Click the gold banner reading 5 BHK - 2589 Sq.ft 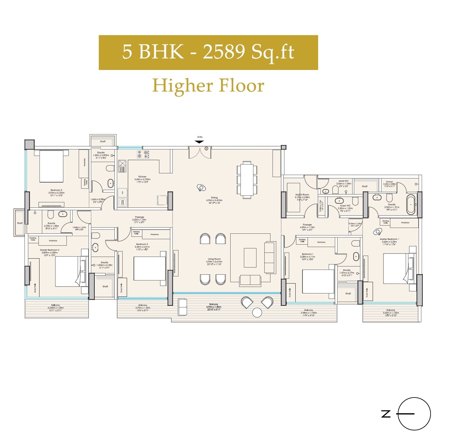(208, 53)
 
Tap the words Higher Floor (208, 85)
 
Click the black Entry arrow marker (200, 142)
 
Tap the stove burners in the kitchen (143, 154)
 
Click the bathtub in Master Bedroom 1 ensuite (411, 204)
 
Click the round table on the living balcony (257, 312)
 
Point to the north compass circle (414, 414)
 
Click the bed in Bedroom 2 (150, 268)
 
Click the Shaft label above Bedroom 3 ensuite (103, 141)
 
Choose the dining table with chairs (247, 180)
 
